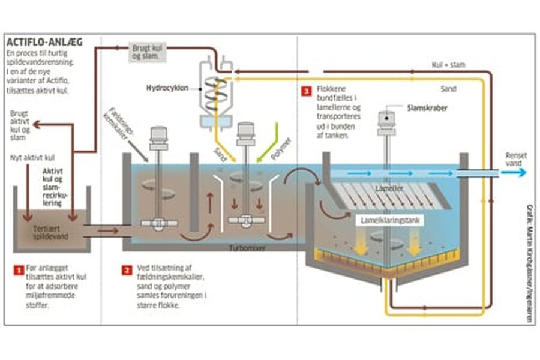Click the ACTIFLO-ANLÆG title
point(44,43)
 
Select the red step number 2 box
point(127,270)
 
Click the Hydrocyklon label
point(167,88)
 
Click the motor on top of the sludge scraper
point(386,121)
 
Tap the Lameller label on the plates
point(385,188)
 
